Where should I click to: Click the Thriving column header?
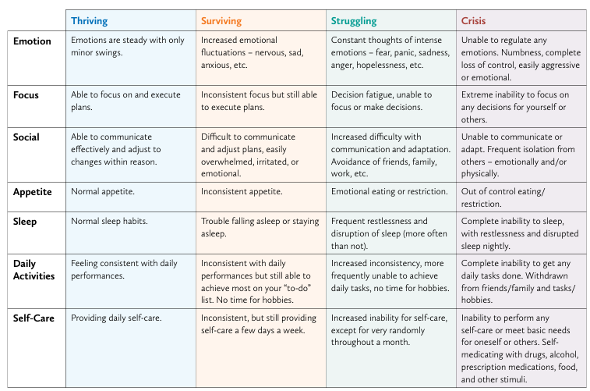(89, 21)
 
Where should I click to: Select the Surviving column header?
(221, 21)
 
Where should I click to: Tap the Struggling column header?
(354, 21)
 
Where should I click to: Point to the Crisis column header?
(473, 21)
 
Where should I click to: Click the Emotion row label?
(32, 41)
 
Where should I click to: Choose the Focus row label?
(26, 95)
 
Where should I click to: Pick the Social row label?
(26, 137)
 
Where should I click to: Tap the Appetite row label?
(33, 192)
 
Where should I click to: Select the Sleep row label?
(25, 222)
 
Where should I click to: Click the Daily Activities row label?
(34, 270)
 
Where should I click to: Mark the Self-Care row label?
(34, 318)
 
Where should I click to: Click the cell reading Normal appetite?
(103, 191)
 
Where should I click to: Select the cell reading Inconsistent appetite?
(241, 191)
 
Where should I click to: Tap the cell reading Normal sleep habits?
(109, 221)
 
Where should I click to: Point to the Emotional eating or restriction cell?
(390, 191)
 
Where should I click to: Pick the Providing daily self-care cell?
(116, 318)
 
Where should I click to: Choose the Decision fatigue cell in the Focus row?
(382, 101)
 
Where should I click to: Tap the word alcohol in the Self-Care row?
(564, 355)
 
